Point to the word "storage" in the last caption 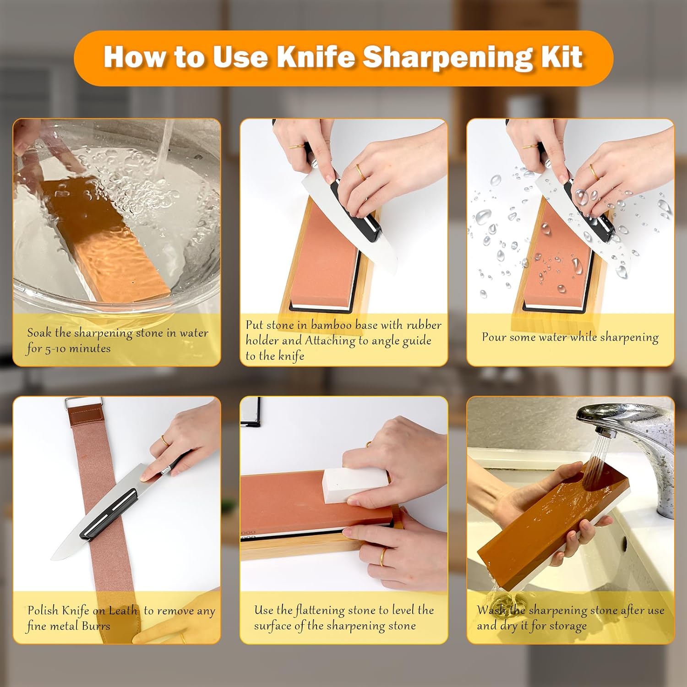pos(567,627)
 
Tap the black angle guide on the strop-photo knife pos(109,513)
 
